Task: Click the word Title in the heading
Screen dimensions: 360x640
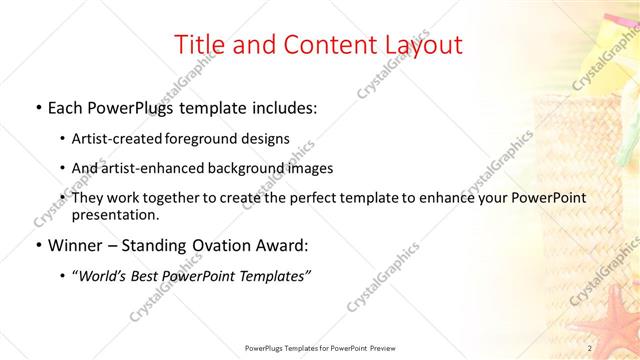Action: point(200,45)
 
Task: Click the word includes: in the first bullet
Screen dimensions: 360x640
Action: point(280,106)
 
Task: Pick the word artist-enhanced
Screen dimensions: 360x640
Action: point(153,168)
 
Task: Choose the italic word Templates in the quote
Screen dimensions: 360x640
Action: point(270,276)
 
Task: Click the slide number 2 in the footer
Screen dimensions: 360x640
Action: point(590,348)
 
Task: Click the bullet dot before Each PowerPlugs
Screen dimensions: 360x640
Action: point(38,107)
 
